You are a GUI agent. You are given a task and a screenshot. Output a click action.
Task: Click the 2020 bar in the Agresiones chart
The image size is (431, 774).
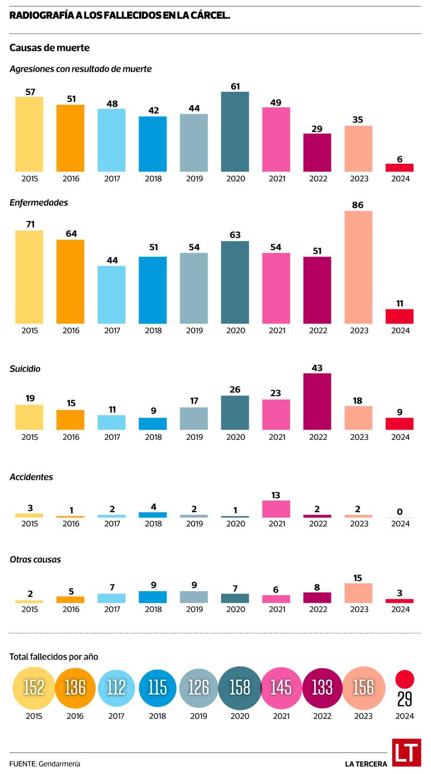(x=235, y=132)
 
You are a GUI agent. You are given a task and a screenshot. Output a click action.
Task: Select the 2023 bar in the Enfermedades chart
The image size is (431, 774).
(x=358, y=267)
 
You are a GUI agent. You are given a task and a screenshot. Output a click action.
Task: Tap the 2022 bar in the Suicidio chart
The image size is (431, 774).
(x=317, y=402)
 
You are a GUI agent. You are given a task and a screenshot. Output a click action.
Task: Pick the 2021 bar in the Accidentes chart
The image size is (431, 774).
(x=276, y=509)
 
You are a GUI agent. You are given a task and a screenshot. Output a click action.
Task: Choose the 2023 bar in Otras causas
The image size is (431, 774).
(x=358, y=593)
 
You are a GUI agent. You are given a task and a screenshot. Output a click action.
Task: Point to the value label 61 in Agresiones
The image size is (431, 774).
(x=235, y=86)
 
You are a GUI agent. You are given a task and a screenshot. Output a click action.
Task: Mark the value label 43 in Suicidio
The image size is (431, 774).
(x=317, y=368)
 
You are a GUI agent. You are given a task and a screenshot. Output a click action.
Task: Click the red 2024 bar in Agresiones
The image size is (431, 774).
(x=399, y=168)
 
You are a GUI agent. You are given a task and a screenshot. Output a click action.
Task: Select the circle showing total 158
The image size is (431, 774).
(x=240, y=687)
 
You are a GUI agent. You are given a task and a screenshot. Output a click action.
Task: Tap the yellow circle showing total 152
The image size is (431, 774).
(x=34, y=687)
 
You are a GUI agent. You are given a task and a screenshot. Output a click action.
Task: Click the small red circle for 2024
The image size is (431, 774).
(x=405, y=679)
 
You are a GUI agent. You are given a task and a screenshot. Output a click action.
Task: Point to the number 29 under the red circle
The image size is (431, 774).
(x=405, y=699)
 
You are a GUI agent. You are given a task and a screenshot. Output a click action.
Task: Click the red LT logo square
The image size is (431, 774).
(x=406, y=752)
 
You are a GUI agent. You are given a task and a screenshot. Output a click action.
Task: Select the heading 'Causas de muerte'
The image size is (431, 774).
(x=50, y=48)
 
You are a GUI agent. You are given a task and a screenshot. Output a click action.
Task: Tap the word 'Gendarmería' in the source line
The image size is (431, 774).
(x=59, y=764)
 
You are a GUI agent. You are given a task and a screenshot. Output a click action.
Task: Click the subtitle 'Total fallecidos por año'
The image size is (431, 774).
(x=54, y=656)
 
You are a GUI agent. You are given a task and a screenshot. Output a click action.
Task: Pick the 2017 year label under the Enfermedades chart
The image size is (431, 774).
(x=112, y=330)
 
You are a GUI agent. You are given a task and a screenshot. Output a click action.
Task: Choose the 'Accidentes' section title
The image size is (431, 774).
(x=31, y=477)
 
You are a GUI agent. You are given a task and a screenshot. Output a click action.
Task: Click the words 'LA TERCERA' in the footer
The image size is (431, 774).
(x=366, y=764)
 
